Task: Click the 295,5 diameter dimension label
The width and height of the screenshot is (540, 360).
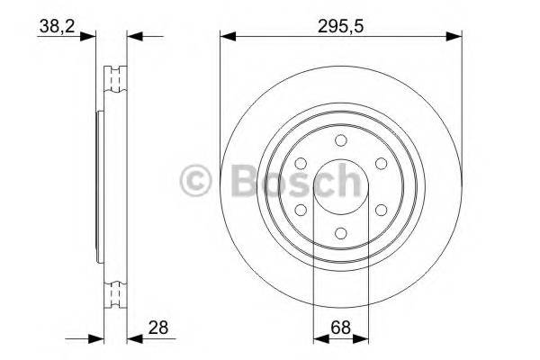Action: [340, 26]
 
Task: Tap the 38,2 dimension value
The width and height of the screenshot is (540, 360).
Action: [55, 26]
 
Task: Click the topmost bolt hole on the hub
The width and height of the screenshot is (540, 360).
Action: [340, 140]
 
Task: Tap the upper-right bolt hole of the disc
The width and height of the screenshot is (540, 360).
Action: [380, 163]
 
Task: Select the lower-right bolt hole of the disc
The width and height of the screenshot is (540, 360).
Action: [380, 209]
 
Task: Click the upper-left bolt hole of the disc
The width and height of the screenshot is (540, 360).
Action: [301, 163]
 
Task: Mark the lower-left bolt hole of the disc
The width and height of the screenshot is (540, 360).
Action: [301, 209]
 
